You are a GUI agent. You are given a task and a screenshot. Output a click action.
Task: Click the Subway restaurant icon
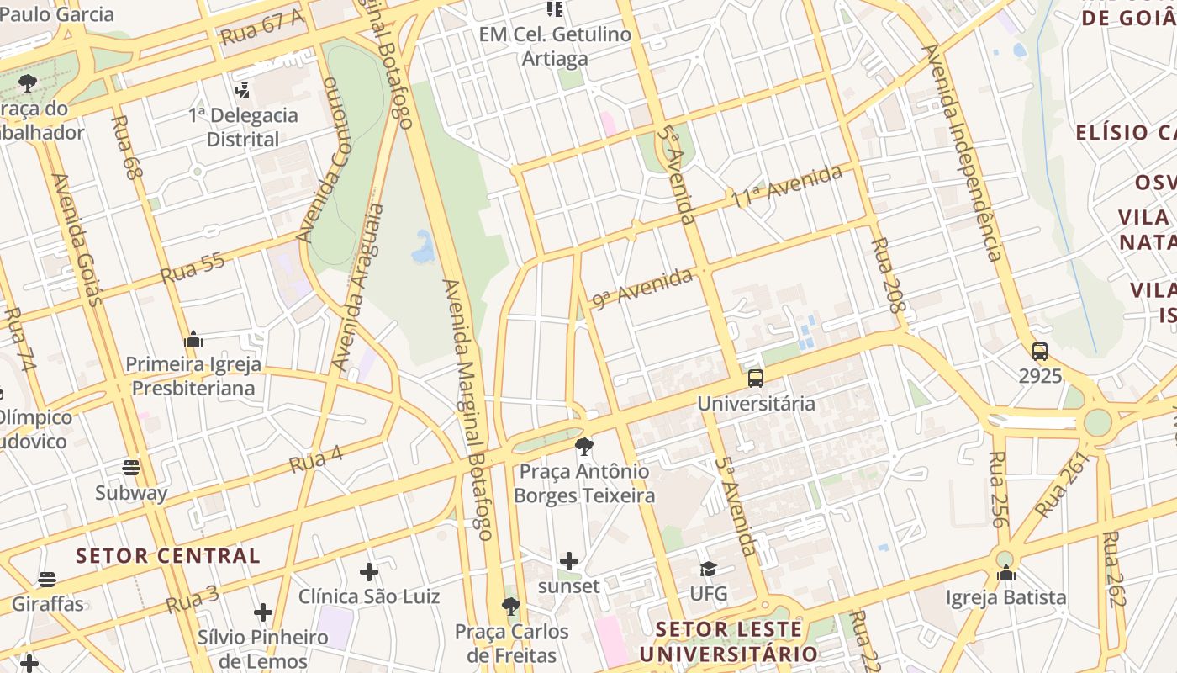tap(131, 468)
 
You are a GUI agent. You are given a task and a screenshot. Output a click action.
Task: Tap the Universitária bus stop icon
tap(756, 378)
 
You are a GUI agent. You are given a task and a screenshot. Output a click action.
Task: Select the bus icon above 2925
tap(1040, 352)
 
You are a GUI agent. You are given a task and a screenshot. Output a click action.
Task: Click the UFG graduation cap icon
tap(708, 570)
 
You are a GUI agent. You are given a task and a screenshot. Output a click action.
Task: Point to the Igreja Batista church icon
tap(1006, 574)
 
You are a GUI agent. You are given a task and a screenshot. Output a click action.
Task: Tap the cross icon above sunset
tap(569, 561)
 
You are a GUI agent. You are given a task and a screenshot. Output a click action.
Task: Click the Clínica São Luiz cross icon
tap(369, 572)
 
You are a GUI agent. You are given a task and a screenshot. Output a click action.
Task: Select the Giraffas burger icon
tap(47, 580)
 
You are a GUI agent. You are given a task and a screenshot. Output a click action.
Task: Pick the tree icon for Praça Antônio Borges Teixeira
tap(584, 446)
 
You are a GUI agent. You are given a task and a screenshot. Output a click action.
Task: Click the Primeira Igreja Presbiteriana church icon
tap(193, 340)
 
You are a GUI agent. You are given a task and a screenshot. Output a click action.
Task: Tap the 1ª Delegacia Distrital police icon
tap(243, 90)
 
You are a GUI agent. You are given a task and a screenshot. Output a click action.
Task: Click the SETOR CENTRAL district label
tap(168, 555)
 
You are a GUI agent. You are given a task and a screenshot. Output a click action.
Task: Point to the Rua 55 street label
tap(193, 268)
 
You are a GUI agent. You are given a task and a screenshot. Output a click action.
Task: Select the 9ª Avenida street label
tap(643, 289)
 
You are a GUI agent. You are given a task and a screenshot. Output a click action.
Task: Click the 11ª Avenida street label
tap(786, 188)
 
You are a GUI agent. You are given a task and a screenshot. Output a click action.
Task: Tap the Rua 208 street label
tap(888, 275)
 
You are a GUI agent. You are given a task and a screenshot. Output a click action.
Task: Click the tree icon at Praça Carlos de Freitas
tap(510, 606)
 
